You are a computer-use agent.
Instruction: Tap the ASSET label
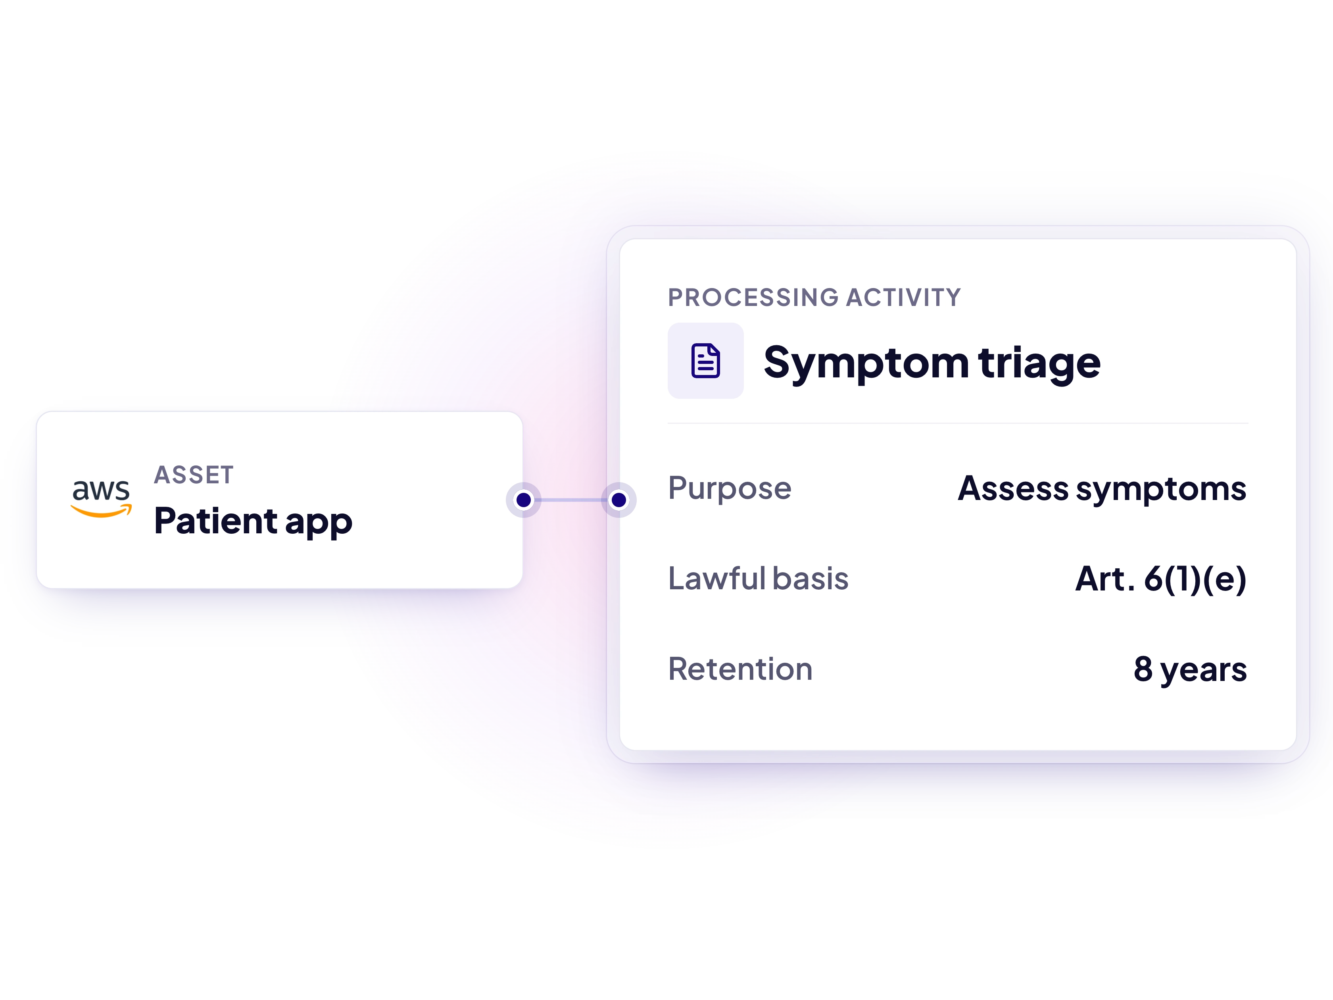click(194, 475)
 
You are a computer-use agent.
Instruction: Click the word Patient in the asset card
click(215, 520)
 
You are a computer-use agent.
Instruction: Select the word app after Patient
click(319, 523)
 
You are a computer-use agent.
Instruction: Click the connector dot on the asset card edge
click(524, 500)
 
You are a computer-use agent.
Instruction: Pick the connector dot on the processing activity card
click(619, 500)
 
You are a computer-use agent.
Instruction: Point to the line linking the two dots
click(571, 500)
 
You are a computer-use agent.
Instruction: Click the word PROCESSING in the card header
click(753, 298)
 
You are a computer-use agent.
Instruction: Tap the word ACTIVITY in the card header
click(903, 298)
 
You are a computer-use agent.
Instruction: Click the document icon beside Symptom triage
click(706, 360)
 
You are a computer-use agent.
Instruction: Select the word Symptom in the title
click(866, 363)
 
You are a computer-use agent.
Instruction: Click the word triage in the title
click(1039, 363)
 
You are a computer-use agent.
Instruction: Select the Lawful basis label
click(758, 578)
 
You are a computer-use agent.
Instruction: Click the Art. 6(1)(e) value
click(1161, 579)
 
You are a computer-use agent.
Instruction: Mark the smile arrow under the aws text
click(101, 512)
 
